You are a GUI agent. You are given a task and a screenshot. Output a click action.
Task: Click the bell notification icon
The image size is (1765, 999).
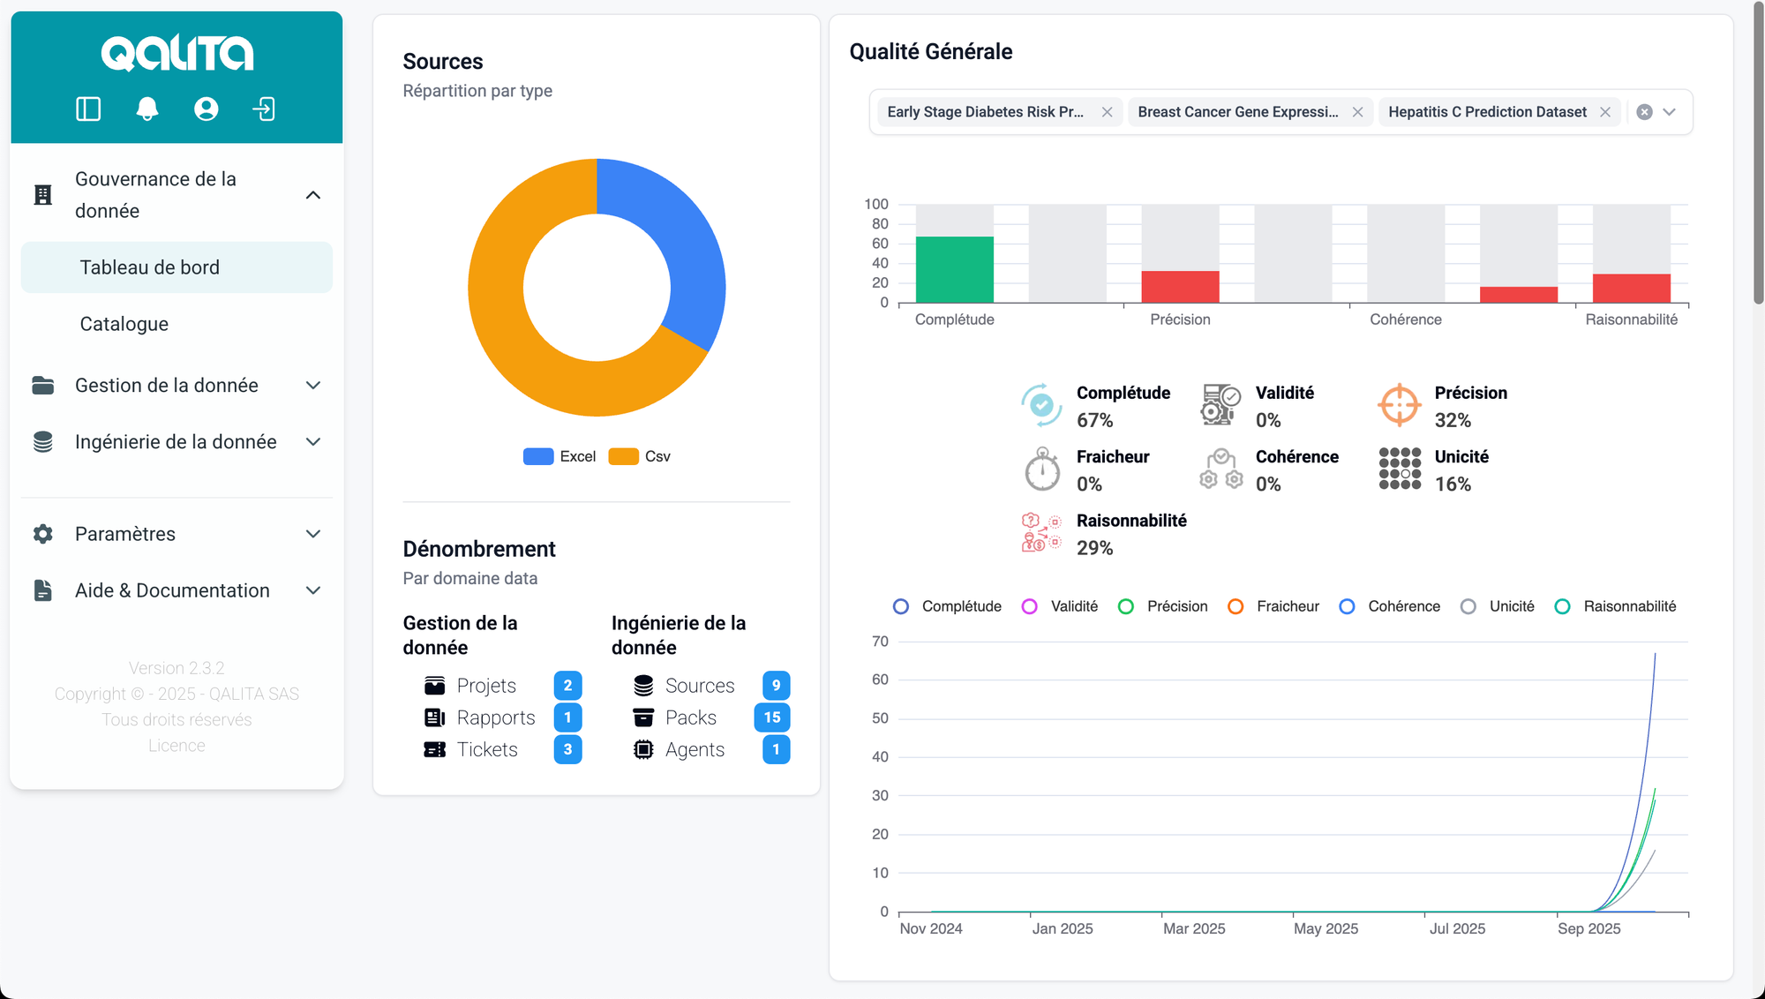[147, 109]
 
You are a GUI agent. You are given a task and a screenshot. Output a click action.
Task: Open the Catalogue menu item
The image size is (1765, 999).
[124, 324]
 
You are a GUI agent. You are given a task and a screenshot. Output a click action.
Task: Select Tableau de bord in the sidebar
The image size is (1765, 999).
[150, 267]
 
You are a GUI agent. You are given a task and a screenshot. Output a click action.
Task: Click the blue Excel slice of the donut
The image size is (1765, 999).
[680, 247]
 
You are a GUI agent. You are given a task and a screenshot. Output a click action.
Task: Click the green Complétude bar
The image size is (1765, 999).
[954, 270]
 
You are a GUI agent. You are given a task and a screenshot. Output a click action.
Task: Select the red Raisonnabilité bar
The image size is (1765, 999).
[1631, 289]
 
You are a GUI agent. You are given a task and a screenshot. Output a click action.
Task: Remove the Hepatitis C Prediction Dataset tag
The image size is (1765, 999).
[1605, 112]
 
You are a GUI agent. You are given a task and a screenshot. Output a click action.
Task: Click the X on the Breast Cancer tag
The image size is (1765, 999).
[1357, 112]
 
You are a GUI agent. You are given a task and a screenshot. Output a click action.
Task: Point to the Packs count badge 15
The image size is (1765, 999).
[772, 717]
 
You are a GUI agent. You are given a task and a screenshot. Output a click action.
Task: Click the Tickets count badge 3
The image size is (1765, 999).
[567, 749]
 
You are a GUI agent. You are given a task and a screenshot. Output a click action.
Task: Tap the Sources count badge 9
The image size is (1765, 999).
[776, 686]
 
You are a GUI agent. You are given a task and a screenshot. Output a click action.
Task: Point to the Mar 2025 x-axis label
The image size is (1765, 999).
[1194, 928]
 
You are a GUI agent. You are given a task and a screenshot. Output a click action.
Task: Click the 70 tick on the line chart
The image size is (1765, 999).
[880, 642]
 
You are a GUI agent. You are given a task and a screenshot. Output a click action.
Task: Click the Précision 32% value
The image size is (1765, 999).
[1453, 420]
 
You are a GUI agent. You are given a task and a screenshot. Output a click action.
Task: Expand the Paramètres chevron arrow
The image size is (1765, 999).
[312, 534]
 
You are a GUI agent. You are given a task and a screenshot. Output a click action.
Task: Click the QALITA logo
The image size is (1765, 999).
[176, 53]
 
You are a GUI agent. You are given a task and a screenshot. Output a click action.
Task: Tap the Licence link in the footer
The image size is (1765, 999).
[176, 746]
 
